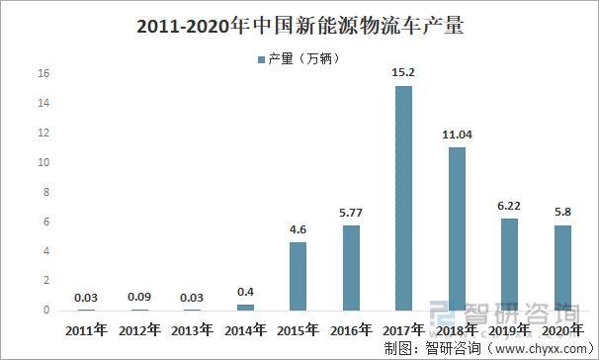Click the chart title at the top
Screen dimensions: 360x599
299,27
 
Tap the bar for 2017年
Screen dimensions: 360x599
403,198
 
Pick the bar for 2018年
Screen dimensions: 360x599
456,228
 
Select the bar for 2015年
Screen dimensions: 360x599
298,276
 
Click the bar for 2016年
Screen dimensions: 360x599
350,267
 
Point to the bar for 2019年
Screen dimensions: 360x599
508,264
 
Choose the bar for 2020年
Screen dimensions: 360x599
560,267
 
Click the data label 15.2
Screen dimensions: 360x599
403,73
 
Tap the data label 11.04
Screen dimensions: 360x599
456,135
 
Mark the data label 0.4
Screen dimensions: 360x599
245,292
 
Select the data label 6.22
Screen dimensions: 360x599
508,206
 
